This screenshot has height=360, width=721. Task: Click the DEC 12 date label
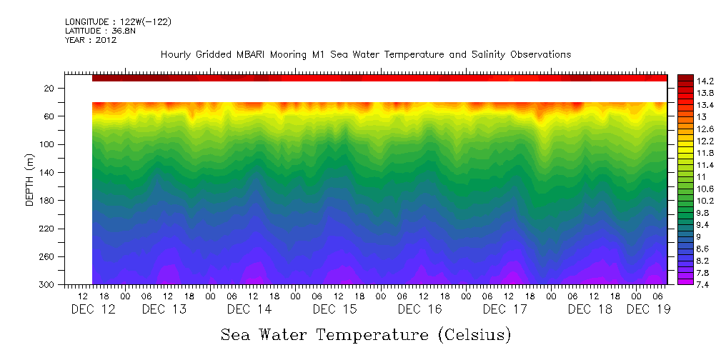point(93,309)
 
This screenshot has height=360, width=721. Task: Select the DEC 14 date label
point(249,309)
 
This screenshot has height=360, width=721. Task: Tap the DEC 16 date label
point(419,309)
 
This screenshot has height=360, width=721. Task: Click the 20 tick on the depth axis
point(50,89)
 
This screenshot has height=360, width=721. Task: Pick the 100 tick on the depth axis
point(48,145)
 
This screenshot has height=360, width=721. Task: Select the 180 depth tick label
point(48,201)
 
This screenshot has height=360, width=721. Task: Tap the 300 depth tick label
point(48,285)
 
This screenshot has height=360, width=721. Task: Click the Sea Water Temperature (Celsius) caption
point(366,334)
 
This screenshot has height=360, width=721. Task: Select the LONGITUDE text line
point(118,22)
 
